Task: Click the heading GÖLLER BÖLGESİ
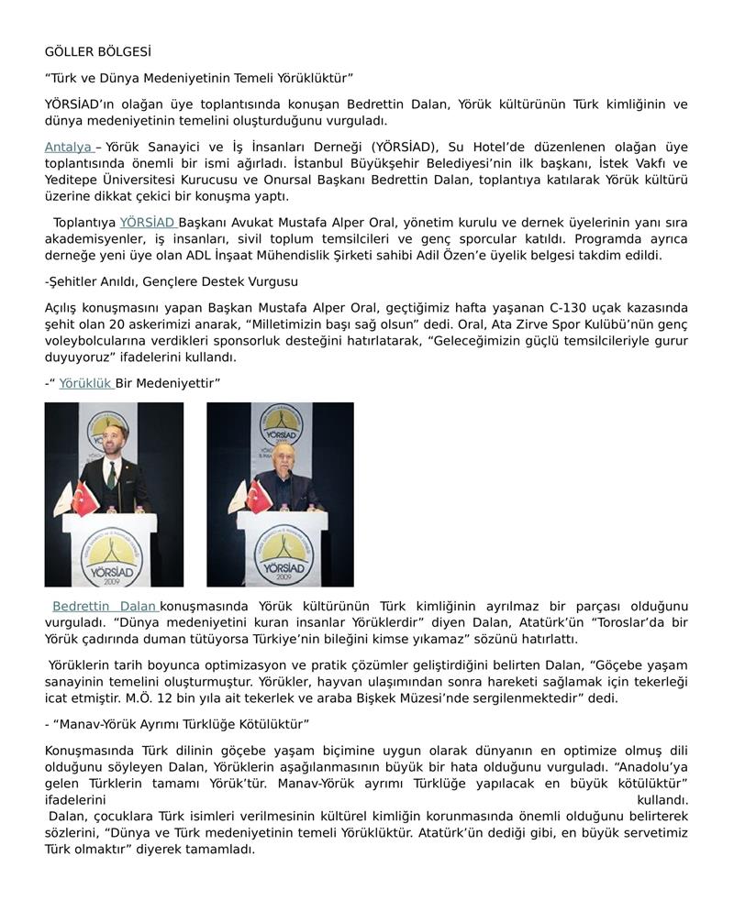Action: pyautogui.click(x=97, y=52)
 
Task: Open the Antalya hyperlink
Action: pyautogui.click(x=68, y=147)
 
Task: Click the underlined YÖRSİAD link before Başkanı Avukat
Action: pyautogui.click(x=147, y=222)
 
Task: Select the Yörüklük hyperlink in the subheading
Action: pyautogui.click(x=85, y=382)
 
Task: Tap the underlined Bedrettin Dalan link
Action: pyautogui.click(x=104, y=606)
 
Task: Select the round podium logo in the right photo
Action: pyautogui.click(x=280, y=554)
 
